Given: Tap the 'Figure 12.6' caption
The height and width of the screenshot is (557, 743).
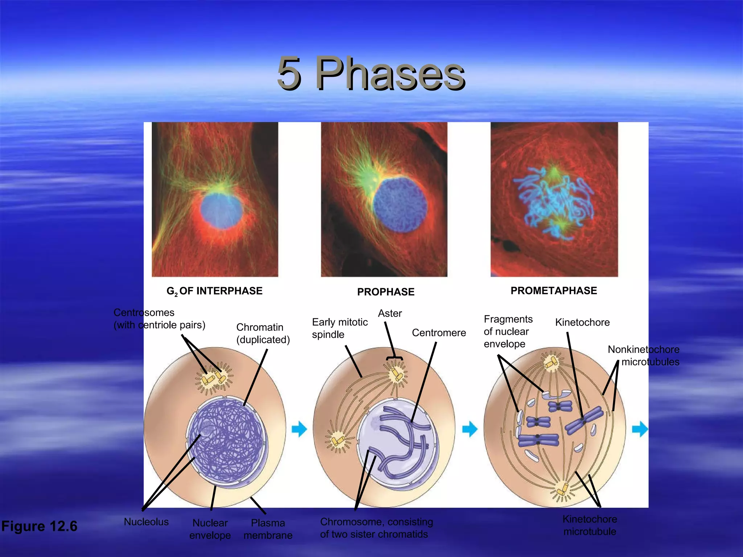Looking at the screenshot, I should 39,526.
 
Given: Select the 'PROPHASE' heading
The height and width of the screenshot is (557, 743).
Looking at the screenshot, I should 386,292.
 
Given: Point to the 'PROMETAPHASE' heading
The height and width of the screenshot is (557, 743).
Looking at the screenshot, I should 554,291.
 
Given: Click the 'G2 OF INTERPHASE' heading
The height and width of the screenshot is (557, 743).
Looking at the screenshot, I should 214,291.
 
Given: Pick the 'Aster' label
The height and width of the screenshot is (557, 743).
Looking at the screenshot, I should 390,313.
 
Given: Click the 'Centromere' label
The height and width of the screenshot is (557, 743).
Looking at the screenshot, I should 439,333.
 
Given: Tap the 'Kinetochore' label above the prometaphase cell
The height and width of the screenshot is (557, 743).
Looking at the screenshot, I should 582,322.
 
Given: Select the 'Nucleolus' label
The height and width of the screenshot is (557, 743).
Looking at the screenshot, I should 146,522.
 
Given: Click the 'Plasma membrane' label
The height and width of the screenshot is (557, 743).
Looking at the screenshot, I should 268,529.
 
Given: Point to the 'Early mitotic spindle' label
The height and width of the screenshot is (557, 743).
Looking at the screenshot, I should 340,328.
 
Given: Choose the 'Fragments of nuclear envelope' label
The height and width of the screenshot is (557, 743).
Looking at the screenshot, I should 508,331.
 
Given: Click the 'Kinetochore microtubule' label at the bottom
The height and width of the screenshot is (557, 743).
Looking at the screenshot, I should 590,525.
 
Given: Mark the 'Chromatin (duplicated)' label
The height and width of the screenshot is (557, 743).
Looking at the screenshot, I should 263,333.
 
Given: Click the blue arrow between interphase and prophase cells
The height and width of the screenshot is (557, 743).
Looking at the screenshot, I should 299,429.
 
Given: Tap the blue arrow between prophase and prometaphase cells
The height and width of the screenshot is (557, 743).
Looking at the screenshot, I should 470,429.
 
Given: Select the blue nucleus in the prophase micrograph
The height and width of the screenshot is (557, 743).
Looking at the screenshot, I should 400,205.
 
